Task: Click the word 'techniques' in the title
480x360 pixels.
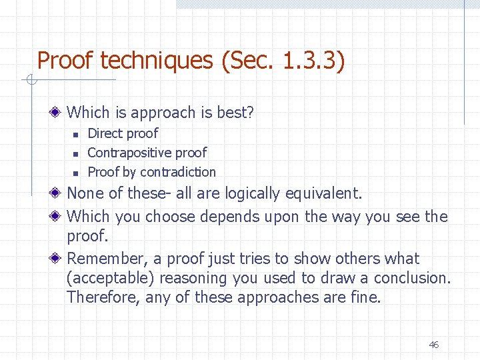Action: tap(154, 61)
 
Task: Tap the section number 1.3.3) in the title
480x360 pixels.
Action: tap(313, 61)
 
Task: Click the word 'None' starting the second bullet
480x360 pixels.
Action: tap(85, 194)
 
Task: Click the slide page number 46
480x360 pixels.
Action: tap(433, 345)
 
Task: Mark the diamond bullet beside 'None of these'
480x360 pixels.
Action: tap(59, 194)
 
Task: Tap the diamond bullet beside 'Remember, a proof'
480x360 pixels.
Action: tap(59, 259)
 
